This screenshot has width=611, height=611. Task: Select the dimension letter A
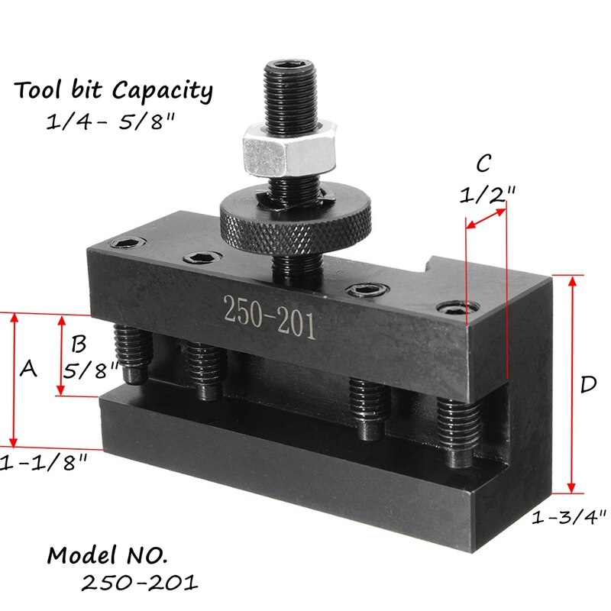pos(28,370)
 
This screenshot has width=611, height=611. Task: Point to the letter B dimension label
pos(77,341)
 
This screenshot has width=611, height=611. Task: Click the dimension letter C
pos(483,163)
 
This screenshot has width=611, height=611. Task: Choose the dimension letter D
pos(587,385)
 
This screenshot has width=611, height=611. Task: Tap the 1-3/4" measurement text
pos(569,517)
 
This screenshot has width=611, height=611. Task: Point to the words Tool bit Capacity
pos(113,91)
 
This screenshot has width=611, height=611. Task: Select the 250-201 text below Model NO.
pos(140,583)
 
